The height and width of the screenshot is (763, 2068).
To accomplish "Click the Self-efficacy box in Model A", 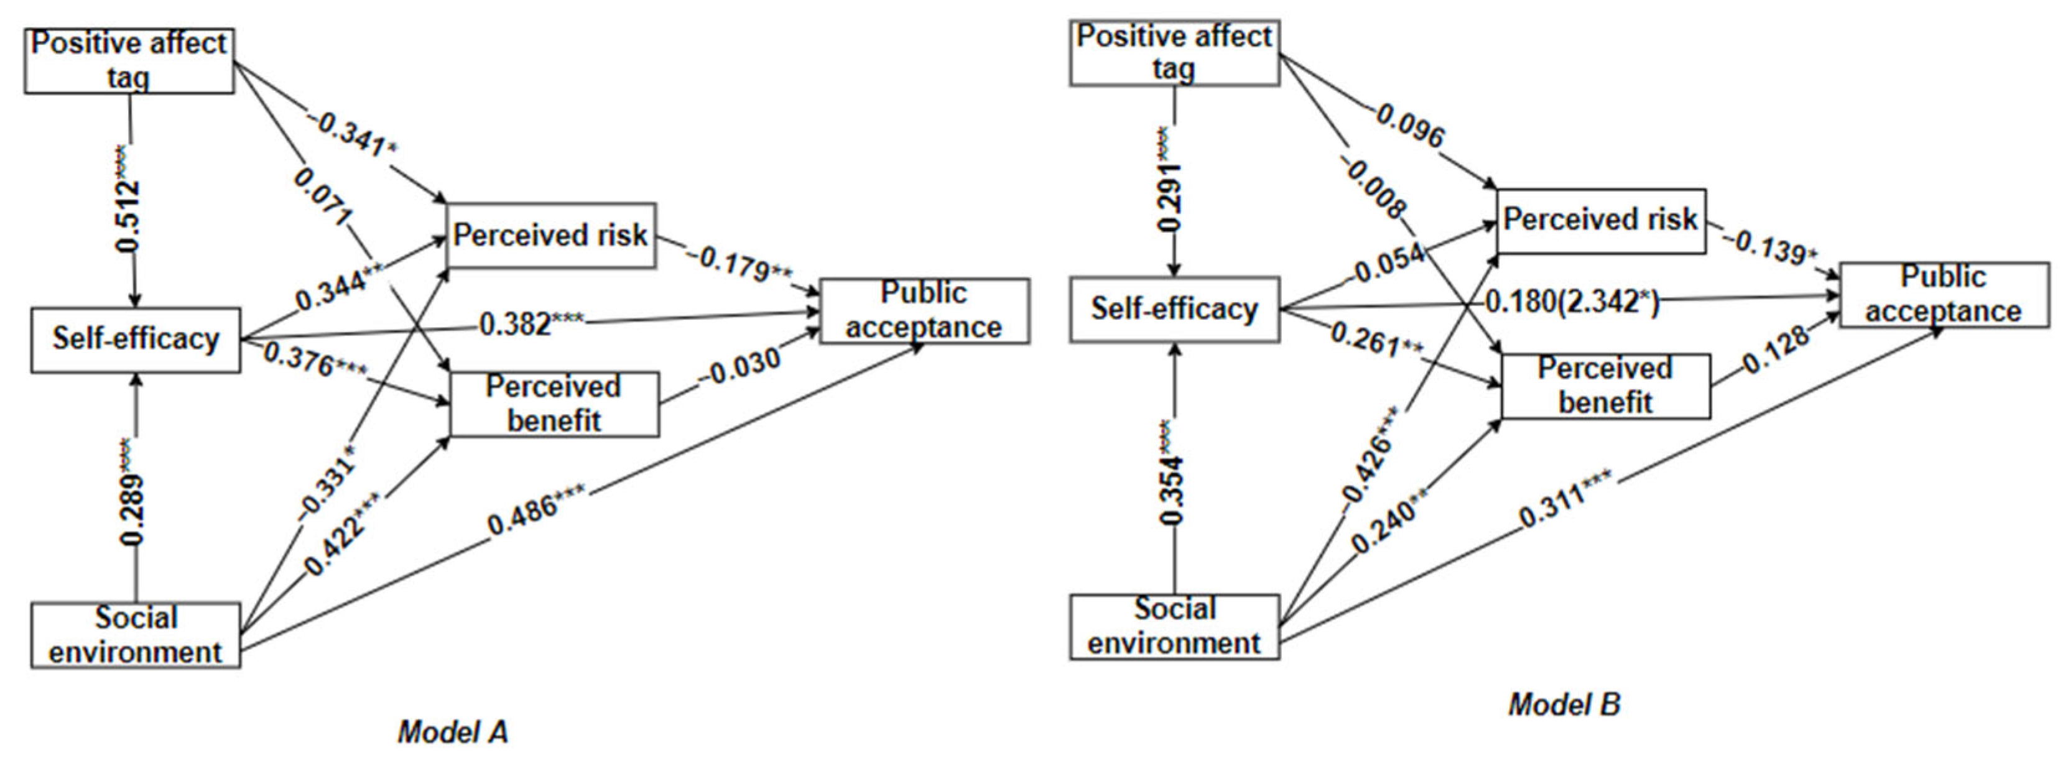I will point(136,340).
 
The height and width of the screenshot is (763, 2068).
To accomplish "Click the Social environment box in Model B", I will point(1174,627).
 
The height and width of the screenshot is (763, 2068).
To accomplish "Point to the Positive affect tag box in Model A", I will point(129,61).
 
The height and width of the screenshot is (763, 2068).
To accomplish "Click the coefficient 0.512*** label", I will point(129,201).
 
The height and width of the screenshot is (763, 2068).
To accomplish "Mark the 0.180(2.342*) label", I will point(1571,302).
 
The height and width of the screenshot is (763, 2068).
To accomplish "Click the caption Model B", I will point(1564,705).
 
